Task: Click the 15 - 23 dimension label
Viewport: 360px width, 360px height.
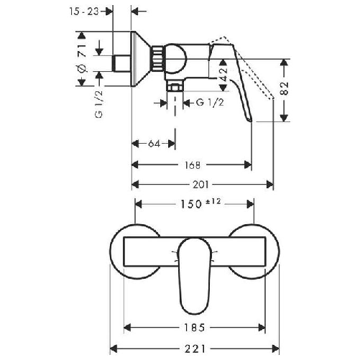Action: coord(84,11)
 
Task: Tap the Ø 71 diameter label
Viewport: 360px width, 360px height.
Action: coord(82,58)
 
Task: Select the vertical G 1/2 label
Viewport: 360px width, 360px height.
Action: coord(98,104)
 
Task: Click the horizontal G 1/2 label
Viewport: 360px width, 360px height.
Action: coord(210,103)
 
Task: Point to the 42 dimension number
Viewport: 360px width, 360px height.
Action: coord(223,75)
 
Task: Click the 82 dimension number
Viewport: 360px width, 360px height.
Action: coord(284,88)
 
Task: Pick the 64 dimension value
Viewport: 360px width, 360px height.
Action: coord(154,144)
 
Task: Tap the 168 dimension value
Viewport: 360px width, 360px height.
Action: coord(193,165)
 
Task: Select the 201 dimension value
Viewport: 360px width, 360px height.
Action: coord(200,185)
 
